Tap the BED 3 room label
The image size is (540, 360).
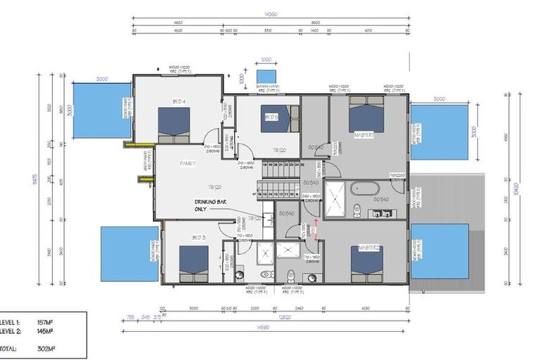pyautogui.click(x=198, y=238)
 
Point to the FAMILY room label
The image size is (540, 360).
pyautogui.click(x=187, y=163)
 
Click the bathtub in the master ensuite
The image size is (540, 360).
pyautogui.click(x=366, y=188)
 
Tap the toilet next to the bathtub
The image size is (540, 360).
pyautogui.click(x=357, y=209)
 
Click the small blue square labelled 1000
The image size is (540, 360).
pyautogui.click(x=266, y=75)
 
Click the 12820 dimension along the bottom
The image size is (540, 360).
pyautogui.click(x=283, y=317)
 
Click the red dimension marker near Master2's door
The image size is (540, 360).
pyautogui.click(x=316, y=225)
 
